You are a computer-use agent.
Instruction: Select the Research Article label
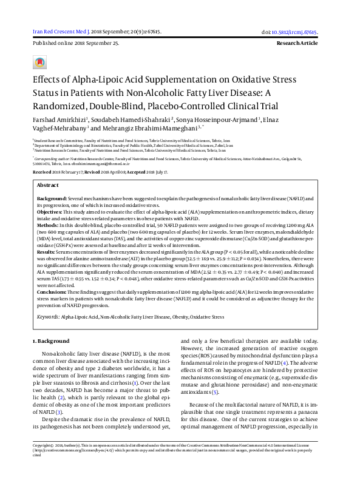click(297, 44)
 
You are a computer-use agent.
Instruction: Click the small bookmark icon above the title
click(39, 63)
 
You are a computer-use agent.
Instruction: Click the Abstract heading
click(48, 184)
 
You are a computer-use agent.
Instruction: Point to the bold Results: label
click(48, 250)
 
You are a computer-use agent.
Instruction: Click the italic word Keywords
click(48, 317)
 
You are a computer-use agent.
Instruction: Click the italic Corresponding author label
click(54, 157)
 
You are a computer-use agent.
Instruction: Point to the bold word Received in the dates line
click(43, 172)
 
